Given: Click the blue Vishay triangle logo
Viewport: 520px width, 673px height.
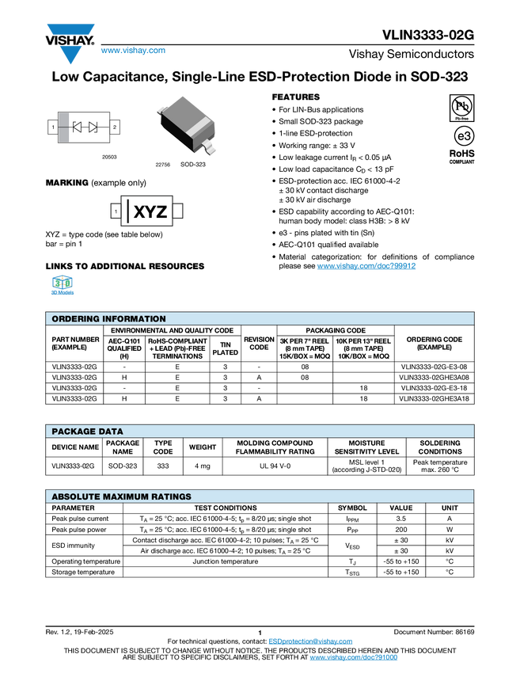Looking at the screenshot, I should (x=70, y=55).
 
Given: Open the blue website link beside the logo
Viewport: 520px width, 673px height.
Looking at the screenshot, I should (x=133, y=51).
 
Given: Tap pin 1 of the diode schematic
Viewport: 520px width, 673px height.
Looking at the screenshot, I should (x=53, y=127).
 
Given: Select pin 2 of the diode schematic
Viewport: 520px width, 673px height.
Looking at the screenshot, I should (x=115, y=127).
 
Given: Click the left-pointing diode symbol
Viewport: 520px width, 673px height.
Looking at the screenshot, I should (x=78, y=127).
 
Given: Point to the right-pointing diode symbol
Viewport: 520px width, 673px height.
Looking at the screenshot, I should (x=93, y=127).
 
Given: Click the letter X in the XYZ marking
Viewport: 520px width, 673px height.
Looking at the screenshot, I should (x=140, y=212).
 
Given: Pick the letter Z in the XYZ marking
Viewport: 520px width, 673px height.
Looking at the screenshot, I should (x=161, y=212).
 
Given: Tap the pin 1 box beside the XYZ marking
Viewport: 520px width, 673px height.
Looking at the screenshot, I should (x=116, y=211).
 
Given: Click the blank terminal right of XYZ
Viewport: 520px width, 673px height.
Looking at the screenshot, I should (x=177, y=211).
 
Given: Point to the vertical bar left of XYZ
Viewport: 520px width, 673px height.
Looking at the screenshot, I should (x=127, y=211).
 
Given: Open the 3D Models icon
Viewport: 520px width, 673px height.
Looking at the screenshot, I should (x=62, y=286).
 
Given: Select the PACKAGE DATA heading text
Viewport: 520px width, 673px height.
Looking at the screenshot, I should (x=87, y=432).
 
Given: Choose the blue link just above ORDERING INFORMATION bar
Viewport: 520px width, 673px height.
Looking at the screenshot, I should (x=366, y=266).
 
